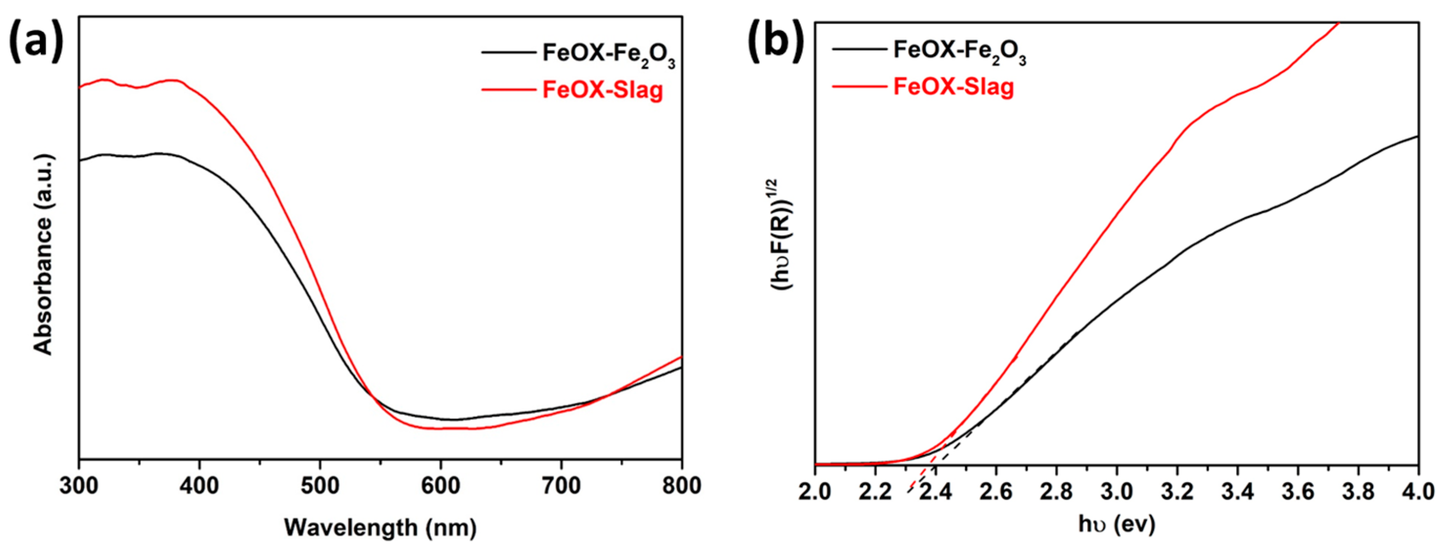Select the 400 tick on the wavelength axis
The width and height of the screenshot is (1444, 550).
tap(200, 485)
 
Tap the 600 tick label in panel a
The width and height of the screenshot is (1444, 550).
tap(441, 485)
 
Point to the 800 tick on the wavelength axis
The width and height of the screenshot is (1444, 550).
tap(681, 485)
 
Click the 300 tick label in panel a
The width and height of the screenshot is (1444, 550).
tap(79, 485)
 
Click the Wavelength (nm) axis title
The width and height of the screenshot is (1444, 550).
tap(380, 527)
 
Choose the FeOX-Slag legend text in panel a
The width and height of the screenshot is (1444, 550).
tap(603, 90)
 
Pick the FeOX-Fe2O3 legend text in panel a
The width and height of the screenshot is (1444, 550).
tap(608, 54)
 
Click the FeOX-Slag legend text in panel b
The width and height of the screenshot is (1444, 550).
tap(954, 87)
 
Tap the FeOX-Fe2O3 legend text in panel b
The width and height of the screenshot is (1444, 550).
tap(959, 51)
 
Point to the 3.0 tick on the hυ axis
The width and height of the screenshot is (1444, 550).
tap(1117, 492)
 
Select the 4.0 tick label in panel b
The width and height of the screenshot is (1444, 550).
tap(1418, 492)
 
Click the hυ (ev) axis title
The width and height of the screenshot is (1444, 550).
tap(1117, 524)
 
